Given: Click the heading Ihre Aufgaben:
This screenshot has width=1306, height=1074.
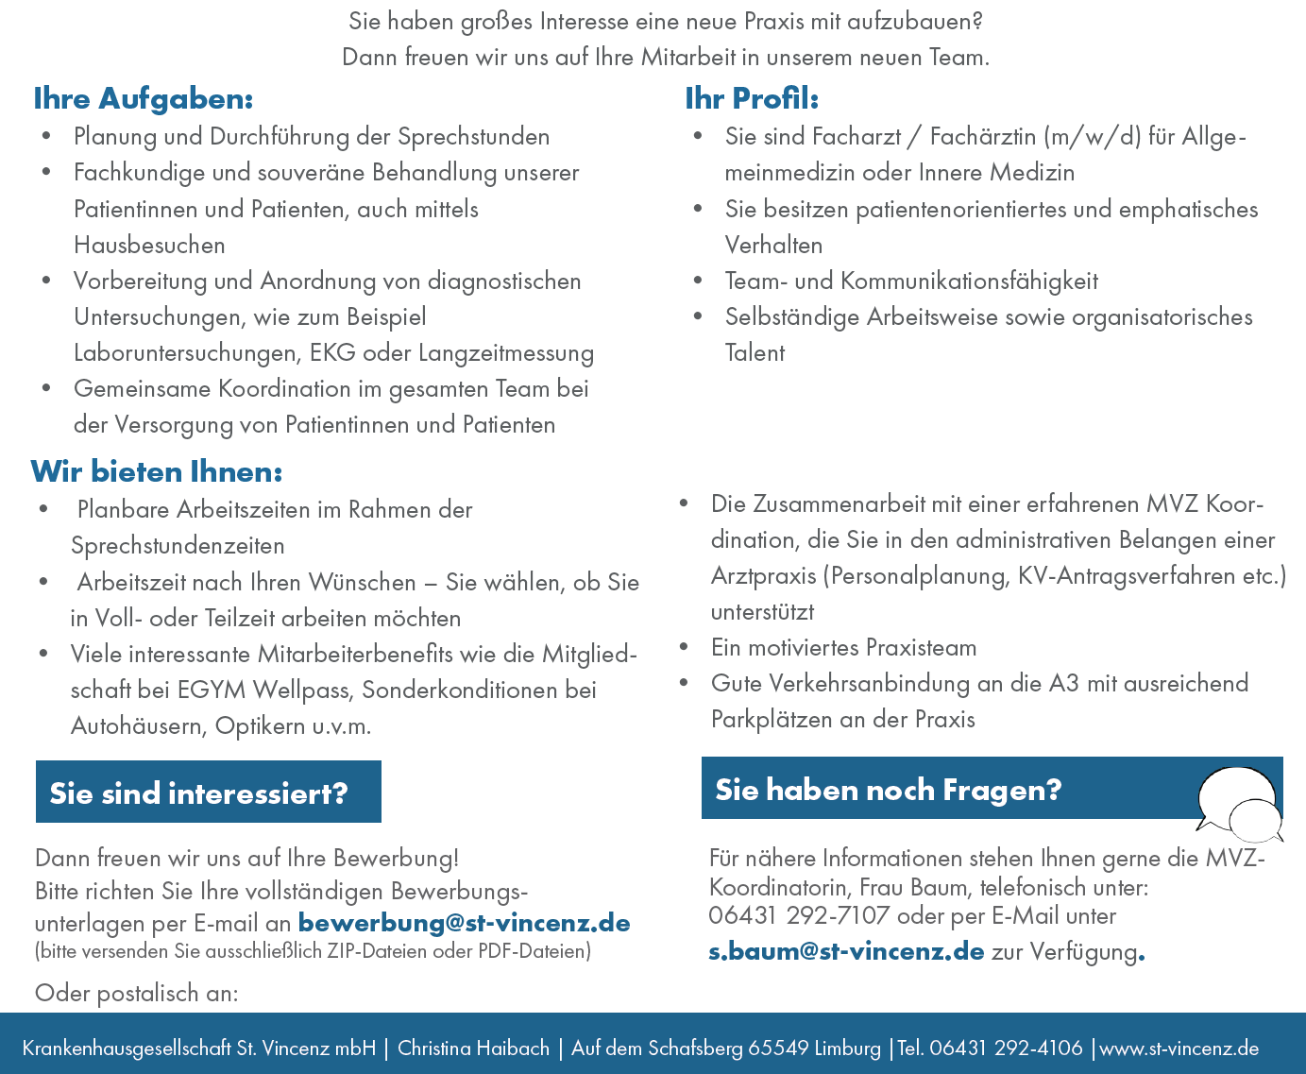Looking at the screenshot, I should (144, 99).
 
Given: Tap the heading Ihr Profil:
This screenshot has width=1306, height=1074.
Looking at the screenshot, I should (752, 99).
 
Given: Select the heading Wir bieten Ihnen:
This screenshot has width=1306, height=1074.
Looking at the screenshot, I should (157, 471).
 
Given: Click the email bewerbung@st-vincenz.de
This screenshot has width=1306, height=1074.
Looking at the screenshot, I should (464, 923).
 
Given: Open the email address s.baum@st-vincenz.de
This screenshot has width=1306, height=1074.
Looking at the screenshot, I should (846, 951).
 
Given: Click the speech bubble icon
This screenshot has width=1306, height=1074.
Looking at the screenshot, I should (1239, 804).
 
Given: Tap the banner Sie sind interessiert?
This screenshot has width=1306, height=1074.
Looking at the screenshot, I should (208, 793).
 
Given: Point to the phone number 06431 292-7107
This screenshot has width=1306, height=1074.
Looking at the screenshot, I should (799, 915).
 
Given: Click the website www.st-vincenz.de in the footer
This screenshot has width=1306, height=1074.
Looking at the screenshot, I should (1179, 1048).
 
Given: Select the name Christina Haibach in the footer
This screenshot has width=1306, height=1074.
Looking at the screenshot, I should (473, 1048).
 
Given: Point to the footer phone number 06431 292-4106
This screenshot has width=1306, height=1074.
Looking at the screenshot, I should (1006, 1048).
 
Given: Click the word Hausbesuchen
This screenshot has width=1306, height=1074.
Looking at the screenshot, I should (149, 246).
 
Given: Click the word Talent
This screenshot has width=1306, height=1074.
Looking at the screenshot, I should (755, 353).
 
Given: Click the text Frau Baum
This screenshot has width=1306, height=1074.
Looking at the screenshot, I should (924, 888).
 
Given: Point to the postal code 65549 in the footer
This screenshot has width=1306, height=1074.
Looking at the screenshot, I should (778, 1048).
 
